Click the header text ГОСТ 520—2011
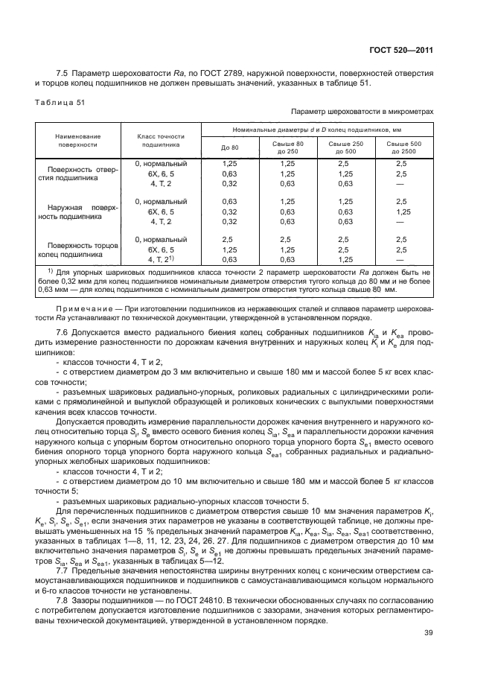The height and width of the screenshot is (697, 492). (x=401, y=50)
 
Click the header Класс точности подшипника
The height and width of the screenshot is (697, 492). (x=160, y=141)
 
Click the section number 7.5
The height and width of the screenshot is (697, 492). (x=62, y=73)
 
